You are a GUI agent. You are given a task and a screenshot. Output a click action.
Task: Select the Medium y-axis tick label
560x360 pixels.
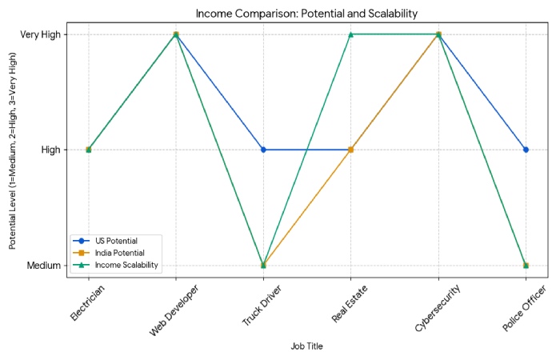pyautogui.click(x=43, y=265)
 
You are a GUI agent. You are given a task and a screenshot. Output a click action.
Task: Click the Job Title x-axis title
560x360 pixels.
pyautogui.click(x=307, y=346)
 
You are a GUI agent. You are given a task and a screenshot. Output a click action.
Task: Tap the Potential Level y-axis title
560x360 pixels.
pyautogui.click(x=14, y=150)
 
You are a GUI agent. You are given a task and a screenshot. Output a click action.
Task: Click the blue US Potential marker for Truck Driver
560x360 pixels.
pyautogui.click(x=263, y=150)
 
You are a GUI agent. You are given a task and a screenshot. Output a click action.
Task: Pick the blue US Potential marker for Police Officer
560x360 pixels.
pyautogui.click(x=526, y=150)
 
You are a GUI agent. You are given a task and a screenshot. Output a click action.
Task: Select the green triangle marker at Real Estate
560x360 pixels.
pyautogui.click(x=350, y=34)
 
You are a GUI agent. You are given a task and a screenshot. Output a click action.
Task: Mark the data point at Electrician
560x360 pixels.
pyautogui.click(x=88, y=150)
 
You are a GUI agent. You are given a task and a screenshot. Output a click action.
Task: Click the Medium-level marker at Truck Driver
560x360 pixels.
pyautogui.click(x=263, y=265)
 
